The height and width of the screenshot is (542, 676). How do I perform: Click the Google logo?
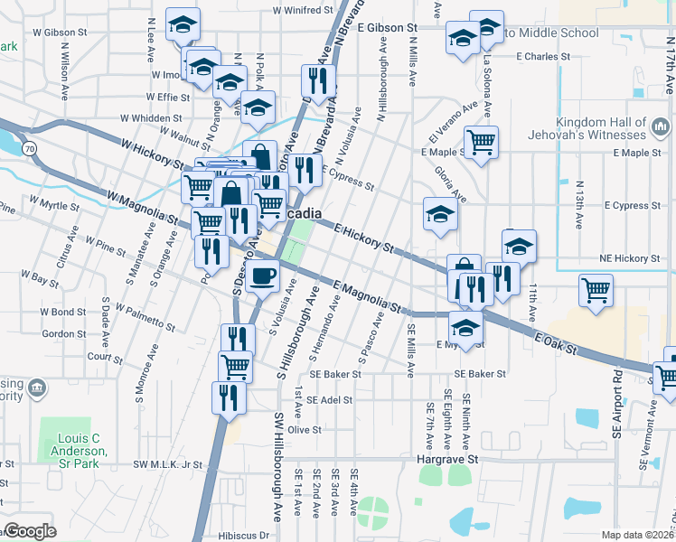30,532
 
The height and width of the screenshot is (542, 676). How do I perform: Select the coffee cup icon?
262,276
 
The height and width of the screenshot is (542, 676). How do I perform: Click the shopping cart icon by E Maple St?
481,141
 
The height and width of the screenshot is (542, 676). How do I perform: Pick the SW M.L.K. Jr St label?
168,464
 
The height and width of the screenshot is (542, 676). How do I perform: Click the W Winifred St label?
303,11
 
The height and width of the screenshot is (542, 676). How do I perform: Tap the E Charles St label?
542,56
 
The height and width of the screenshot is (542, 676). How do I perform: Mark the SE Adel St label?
329,399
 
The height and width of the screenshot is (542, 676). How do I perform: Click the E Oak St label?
554,341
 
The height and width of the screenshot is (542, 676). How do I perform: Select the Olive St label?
305,430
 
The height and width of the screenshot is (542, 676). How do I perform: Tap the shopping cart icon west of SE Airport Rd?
596,290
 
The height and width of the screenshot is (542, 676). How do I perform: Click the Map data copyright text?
638,535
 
